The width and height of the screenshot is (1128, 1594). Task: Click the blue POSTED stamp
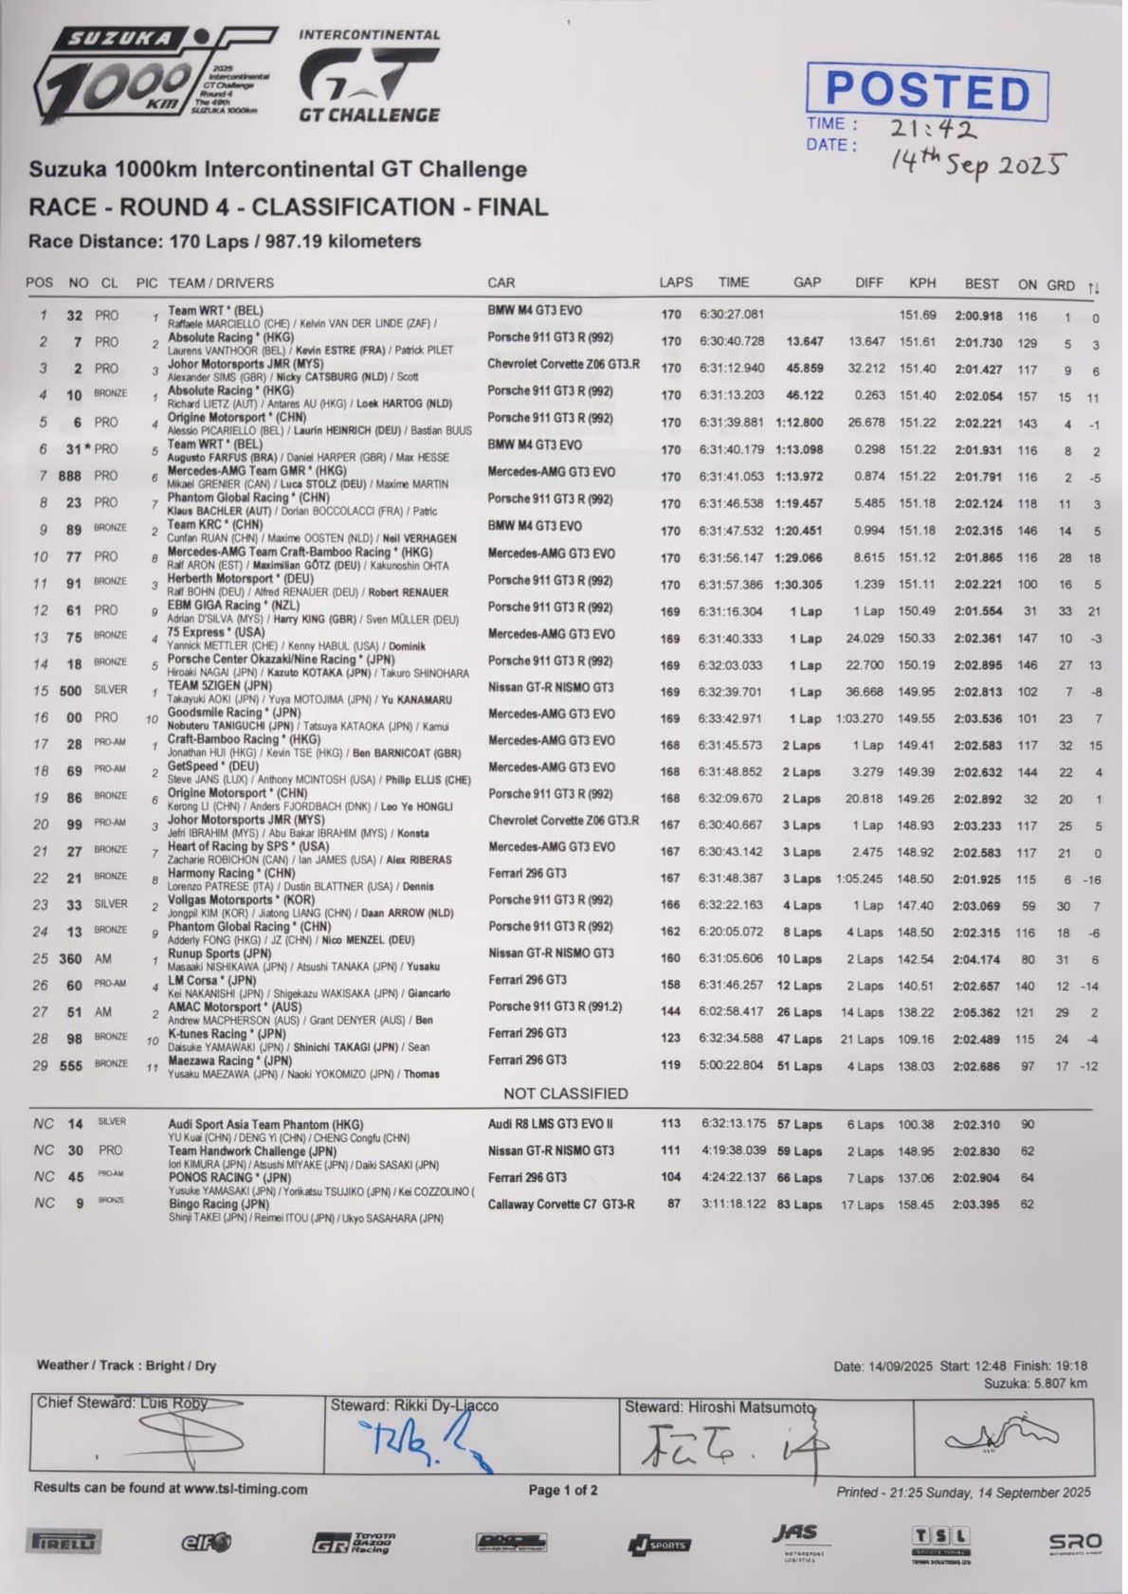pyautogui.click(x=927, y=91)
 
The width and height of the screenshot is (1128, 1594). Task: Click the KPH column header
pyautogui.click(x=921, y=282)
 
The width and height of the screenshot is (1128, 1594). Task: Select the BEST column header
pyautogui.click(x=981, y=282)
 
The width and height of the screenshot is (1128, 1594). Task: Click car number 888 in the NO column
pyautogui.click(x=69, y=476)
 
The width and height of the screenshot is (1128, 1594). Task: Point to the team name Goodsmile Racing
pyautogui.click(x=220, y=712)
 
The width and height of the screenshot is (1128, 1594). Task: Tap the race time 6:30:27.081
pyautogui.click(x=731, y=315)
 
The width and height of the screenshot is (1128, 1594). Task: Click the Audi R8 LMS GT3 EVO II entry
pyautogui.click(x=551, y=1123)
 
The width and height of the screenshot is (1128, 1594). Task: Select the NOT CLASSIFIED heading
pyautogui.click(x=565, y=1094)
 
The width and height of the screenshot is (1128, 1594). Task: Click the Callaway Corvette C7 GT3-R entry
pyautogui.click(x=561, y=1205)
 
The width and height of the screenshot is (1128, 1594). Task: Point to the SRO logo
pyautogui.click(x=1075, y=1543)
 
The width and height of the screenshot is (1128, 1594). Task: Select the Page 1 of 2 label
pyautogui.click(x=563, y=1490)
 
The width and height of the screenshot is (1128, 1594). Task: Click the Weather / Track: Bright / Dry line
pyautogui.click(x=126, y=1366)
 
